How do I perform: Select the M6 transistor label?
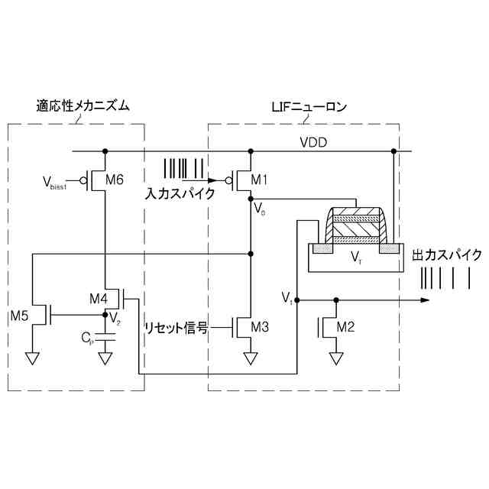115,180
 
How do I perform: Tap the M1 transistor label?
261,180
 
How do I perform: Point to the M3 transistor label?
261,328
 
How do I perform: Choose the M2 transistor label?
345,328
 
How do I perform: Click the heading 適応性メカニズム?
83,106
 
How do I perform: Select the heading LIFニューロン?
309,106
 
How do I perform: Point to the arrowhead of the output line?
426,300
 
